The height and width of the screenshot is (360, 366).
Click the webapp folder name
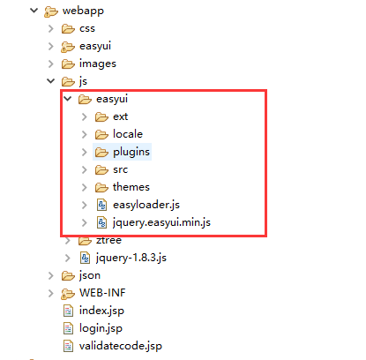point(83,11)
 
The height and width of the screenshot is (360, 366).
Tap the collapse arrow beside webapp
point(34,11)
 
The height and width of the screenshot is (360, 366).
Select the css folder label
point(87,28)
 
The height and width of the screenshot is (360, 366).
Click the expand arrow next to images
point(51,64)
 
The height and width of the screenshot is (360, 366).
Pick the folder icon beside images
point(68,64)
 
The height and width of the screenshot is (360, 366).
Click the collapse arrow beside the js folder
point(51,81)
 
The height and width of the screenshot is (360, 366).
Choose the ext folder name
point(121,116)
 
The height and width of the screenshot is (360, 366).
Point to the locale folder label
point(128,134)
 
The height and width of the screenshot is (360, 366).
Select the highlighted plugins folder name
point(131,152)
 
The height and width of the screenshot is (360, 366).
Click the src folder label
point(121,169)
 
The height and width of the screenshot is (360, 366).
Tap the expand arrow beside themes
point(85,187)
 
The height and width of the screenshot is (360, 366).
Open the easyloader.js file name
point(146,205)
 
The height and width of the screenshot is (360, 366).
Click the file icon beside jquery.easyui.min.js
point(101,222)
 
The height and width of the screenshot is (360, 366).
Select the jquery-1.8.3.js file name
point(131,258)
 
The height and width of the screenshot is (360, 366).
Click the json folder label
point(90,275)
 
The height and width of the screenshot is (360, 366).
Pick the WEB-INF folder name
point(102,293)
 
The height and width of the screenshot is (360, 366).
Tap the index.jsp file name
point(101,311)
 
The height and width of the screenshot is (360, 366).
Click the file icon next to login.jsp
point(68,328)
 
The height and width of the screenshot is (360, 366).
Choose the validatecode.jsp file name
point(121,346)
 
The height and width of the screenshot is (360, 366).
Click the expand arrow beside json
point(51,275)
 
